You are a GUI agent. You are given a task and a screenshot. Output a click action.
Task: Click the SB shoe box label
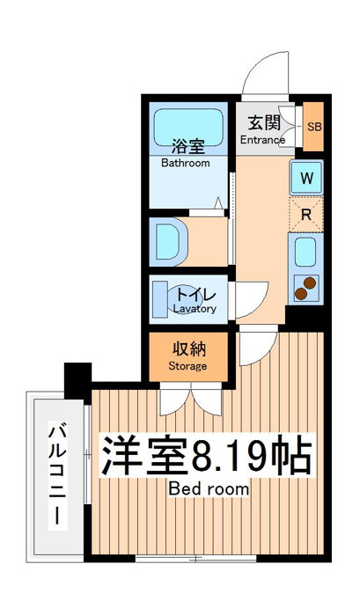[x=314, y=127]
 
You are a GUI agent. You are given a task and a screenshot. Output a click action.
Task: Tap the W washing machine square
[x=306, y=178]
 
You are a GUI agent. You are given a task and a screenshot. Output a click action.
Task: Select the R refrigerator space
[x=306, y=214]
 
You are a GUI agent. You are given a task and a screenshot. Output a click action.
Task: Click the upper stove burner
[x=310, y=282]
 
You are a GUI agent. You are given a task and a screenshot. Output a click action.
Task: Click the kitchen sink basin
[x=305, y=253]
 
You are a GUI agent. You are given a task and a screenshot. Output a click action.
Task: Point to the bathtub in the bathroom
[x=188, y=128]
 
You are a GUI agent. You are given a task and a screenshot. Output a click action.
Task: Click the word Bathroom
[x=186, y=163]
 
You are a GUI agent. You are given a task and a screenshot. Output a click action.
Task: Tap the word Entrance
[x=262, y=139]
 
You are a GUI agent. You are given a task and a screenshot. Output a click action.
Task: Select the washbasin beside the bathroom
[x=168, y=241]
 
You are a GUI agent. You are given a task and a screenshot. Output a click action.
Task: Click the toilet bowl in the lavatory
[x=181, y=298]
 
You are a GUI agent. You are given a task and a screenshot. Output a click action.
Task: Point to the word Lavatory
[x=195, y=309]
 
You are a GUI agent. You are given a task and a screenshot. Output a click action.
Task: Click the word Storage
[x=187, y=366]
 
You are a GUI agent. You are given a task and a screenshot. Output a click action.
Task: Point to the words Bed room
[x=209, y=489]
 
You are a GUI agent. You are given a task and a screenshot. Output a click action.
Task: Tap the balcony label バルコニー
[x=57, y=473]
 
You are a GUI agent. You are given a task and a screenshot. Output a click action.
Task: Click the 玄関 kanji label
[x=264, y=123]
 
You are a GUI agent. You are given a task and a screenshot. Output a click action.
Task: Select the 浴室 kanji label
[x=188, y=148]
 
